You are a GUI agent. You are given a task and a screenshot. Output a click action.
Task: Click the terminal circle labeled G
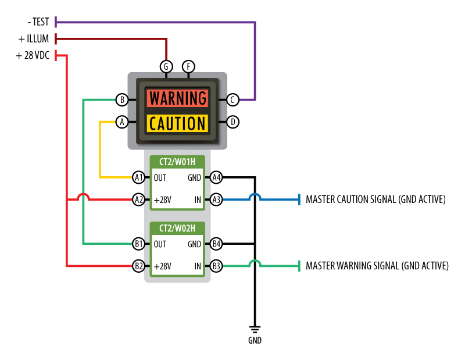coord(166,66)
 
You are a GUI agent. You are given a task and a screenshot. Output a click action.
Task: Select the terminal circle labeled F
coord(188,66)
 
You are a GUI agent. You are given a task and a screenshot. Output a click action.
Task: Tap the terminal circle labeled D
coord(233,122)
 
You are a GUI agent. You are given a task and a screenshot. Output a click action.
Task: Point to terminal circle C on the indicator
coord(233,100)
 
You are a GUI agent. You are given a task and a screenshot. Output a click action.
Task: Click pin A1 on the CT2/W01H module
coord(138,177)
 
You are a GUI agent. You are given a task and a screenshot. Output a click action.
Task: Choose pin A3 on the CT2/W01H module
coord(216,199)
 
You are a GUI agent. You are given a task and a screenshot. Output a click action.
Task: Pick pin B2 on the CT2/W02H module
coord(138,266)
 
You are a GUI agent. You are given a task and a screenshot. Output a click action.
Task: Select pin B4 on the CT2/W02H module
coord(216,244)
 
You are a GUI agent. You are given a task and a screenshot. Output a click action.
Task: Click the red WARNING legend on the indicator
coord(177,98)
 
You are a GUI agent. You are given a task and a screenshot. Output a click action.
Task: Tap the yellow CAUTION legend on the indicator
coord(177,123)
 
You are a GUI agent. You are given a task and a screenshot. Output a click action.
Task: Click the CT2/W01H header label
coord(177,162)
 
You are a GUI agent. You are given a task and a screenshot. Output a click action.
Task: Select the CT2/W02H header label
coord(177,229)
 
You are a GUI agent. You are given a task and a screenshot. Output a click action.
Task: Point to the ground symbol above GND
coord(254,329)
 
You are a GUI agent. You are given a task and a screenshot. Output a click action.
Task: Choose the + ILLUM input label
coord(34,39)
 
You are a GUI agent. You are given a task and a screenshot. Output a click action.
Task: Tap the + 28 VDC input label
coord(33,56)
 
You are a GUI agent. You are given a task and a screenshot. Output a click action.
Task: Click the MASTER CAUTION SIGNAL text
coord(375,199)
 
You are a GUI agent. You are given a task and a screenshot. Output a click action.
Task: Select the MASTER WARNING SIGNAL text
coord(377,266)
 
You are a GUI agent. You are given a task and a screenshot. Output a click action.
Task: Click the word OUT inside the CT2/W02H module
coord(160,244)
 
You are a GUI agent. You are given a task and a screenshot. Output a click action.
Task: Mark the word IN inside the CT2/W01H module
coord(198,199)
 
